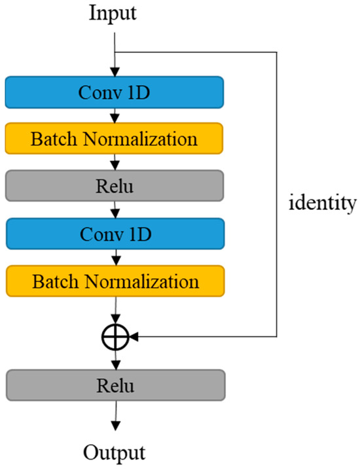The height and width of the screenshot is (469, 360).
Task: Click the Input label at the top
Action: click(x=113, y=14)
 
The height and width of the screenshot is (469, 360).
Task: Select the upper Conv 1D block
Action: click(x=115, y=92)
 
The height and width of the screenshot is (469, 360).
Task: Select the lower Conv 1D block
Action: click(x=115, y=234)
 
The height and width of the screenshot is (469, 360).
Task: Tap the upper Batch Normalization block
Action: click(x=115, y=139)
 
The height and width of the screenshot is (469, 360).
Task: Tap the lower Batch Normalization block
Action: click(x=115, y=281)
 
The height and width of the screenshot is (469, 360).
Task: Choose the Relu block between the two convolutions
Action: click(x=115, y=186)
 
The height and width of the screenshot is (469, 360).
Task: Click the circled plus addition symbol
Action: click(x=115, y=338)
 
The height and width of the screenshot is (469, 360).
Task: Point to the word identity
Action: click(x=323, y=203)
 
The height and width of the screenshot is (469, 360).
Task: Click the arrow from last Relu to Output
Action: click(x=115, y=416)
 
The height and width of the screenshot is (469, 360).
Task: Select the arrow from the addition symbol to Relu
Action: click(x=115, y=360)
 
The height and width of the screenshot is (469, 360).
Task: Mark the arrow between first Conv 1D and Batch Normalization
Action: click(x=115, y=115)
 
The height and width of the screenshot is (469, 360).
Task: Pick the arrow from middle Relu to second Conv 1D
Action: click(x=115, y=210)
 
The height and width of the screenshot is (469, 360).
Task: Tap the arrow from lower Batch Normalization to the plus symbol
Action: click(x=115, y=311)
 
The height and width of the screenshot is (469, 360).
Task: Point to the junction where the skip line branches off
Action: click(x=115, y=53)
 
